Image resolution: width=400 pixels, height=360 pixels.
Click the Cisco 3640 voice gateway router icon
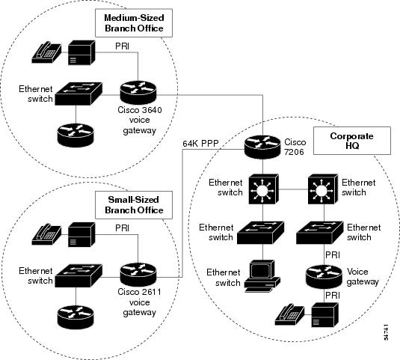point(138,92)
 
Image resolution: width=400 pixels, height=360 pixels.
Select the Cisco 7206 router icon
point(262,147)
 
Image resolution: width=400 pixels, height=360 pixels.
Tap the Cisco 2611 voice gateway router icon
point(138,275)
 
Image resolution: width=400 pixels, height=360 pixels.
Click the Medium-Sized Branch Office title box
point(134,23)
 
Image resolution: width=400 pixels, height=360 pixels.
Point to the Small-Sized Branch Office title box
point(134,205)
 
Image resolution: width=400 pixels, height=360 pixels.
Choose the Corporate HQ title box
point(352,141)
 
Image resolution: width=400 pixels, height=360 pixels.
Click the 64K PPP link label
point(200,144)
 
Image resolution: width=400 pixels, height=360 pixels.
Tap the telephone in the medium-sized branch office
point(46,52)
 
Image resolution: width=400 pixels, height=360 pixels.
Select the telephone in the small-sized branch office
point(46,234)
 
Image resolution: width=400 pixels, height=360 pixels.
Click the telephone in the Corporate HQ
point(290,314)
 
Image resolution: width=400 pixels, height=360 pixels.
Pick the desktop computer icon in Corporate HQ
point(262,275)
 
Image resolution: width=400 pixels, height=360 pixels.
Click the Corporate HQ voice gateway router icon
point(324,277)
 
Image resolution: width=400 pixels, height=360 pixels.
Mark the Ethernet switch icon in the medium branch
point(79,94)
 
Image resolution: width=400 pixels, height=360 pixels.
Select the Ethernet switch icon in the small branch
point(79,275)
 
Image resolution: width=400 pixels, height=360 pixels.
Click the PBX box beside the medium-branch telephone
point(81,52)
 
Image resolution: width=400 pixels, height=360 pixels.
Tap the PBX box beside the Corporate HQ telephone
point(325,315)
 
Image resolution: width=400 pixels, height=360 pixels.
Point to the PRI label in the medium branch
point(122,46)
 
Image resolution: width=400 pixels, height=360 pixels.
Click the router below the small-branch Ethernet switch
point(76,317)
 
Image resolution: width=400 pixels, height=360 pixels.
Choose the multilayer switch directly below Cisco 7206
point(263,189)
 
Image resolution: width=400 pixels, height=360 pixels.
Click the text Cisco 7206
point(295,147)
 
